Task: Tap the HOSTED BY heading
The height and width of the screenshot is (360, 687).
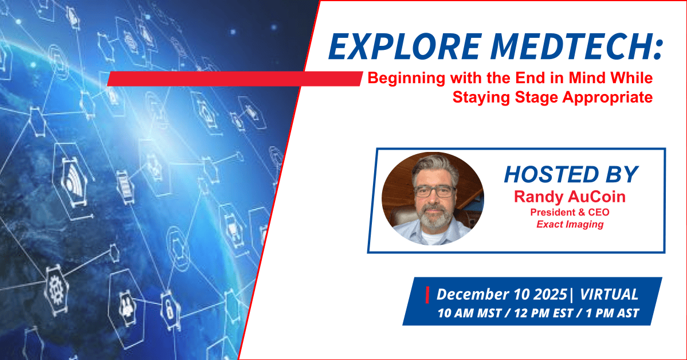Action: pos(571,174)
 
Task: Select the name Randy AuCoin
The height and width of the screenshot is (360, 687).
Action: pos(570,197)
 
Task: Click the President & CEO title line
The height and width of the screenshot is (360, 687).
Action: pos(570,212)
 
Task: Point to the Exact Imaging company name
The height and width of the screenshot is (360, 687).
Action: pos(570,225)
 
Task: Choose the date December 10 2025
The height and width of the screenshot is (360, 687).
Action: pos(502,294)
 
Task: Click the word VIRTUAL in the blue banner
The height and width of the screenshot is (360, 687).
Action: pos(609,294)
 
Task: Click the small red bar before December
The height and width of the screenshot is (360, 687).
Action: pos(427,295)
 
